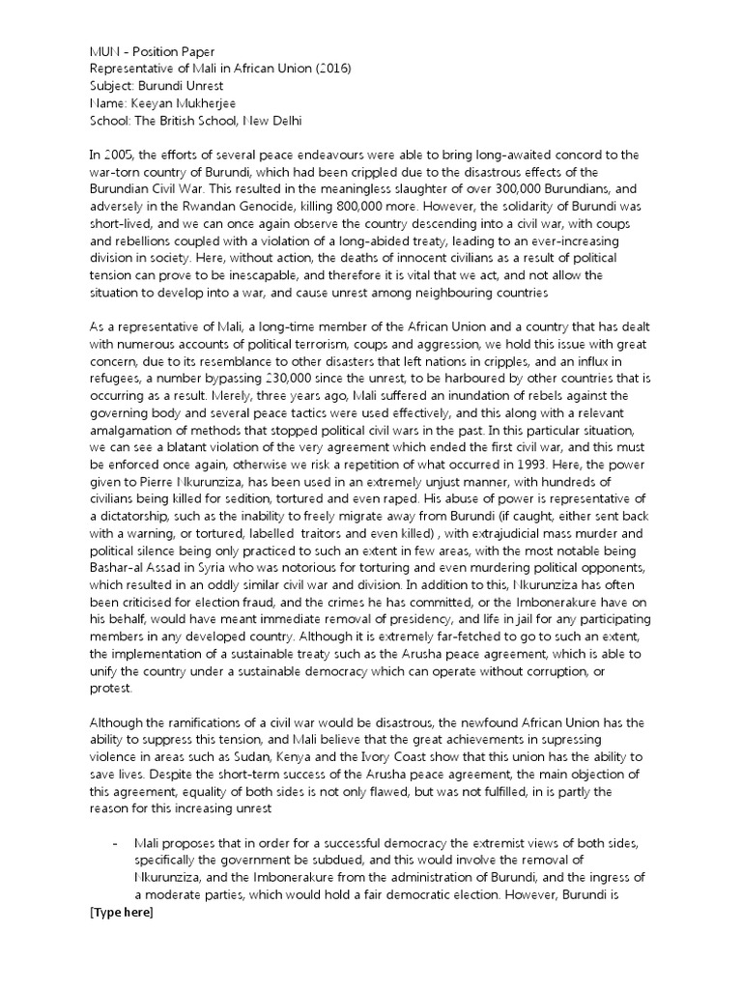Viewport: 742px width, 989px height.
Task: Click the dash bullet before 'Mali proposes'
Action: pos(116,842)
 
